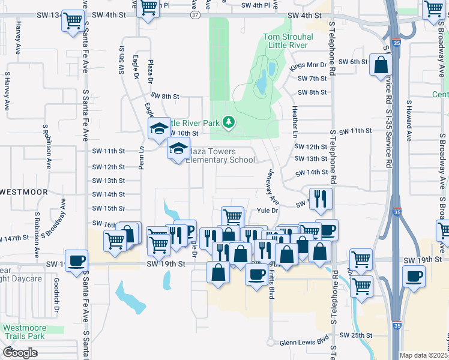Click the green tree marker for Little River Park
228,122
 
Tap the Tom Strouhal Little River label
286,41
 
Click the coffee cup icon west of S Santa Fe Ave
76,260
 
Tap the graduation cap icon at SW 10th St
159,128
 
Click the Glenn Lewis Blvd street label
306,343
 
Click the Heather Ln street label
295,122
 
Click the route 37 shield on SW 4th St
196,16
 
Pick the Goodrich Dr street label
55,296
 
